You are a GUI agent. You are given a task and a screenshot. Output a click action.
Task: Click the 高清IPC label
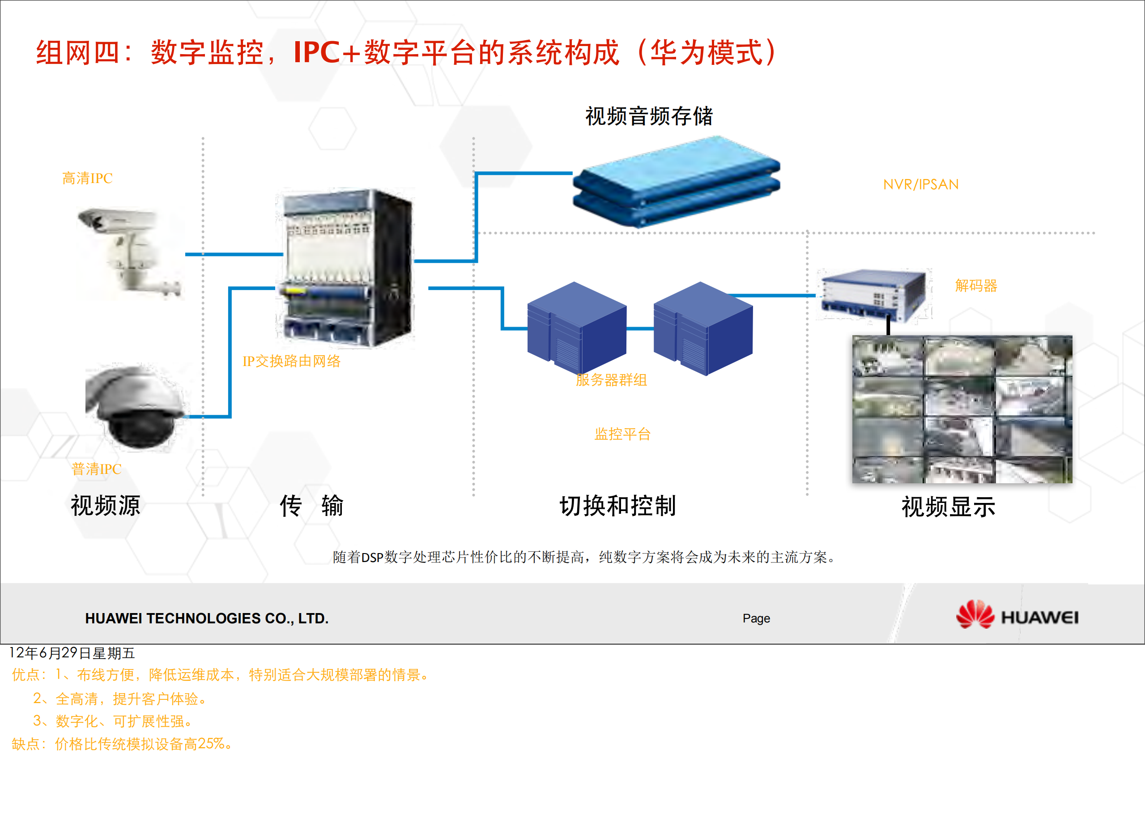pyautogui.click(x=87, y=179)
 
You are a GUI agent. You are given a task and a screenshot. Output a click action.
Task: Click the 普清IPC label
pyautogui.click(x=96, y=469)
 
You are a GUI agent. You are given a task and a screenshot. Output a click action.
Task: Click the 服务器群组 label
pyautogui.click(x=611, y=380)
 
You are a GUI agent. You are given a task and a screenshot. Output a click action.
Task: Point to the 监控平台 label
pyautogui.click(x=622, y=434)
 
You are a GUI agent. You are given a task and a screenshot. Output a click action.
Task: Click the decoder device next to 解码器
pyautogui.click(x=874, y=295)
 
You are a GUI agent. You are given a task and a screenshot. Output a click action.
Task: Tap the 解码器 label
pyautogui.click(x=976, y=286)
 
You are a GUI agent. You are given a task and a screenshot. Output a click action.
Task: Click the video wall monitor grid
pyautogui.click(x=962, y=409)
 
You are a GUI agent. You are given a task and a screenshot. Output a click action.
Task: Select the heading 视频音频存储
pyautogui.click(x=649, y=116)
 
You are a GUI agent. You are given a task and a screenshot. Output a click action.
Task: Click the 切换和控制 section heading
pyautogui.click(x=617, y=506)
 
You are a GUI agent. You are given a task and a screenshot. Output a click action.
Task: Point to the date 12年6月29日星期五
pyautogui.click(x=72, y=653)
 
